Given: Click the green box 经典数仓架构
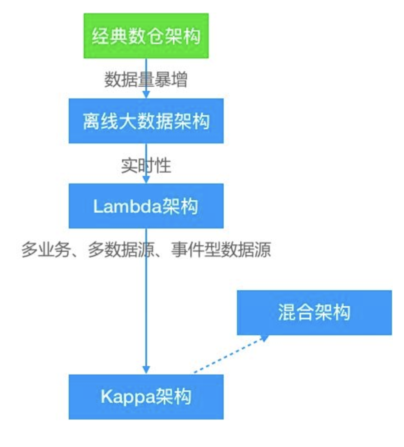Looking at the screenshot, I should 146,36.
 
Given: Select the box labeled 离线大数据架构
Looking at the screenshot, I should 146,121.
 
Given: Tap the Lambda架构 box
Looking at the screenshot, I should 146,206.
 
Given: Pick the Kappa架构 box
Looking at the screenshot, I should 146,397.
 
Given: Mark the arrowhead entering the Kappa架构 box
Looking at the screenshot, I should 146,369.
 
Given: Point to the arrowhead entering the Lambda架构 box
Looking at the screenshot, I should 146,179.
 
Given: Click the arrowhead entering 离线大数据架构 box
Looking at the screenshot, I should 146,94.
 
